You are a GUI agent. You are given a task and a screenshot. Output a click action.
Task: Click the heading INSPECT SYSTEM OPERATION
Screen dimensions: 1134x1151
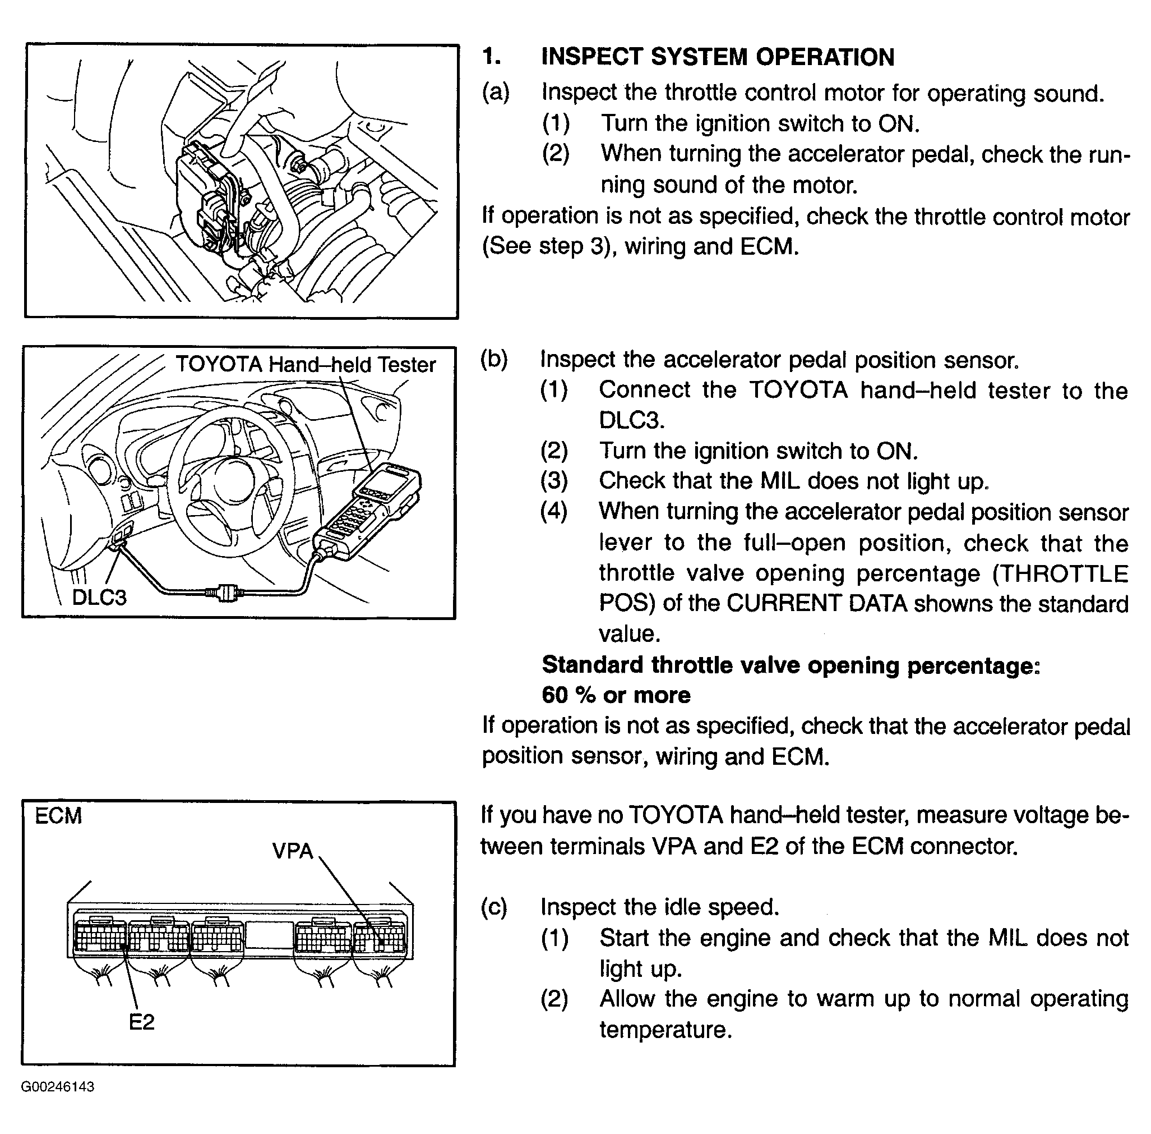(x=717, y=57)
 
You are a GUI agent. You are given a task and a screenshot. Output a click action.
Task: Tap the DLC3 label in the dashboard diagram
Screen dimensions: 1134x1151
(x=99, y=597)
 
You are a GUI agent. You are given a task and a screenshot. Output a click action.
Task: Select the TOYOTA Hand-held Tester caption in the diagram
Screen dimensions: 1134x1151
(x=306, y=365)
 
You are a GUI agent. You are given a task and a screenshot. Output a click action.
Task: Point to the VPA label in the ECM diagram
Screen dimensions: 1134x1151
(x=292, y=851)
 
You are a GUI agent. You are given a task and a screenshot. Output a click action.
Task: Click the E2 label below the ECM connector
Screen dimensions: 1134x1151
(x=141, y=1022)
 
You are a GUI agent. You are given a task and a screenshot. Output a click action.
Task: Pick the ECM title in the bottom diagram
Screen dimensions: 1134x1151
(x=58, y=816)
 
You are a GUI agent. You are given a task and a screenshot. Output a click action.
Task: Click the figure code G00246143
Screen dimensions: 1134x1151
(x=58, y=1087)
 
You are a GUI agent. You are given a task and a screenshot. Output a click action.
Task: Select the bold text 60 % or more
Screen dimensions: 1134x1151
(x=616, y=695)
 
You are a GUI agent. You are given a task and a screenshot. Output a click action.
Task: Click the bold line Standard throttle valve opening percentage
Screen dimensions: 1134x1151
(x=791, y=665)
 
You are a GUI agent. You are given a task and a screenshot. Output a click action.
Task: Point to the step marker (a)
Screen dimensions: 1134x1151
(x=496, y=93)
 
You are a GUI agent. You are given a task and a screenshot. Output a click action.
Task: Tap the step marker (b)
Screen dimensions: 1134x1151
(x=494, y=359)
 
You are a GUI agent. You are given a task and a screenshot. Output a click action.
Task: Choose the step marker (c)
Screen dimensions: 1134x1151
(x=494, y=907)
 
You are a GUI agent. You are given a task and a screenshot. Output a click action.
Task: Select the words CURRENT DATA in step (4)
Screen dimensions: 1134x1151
(x=816, y=603)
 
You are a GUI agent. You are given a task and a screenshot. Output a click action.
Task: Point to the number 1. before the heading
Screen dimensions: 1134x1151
(x=492, y=57)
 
